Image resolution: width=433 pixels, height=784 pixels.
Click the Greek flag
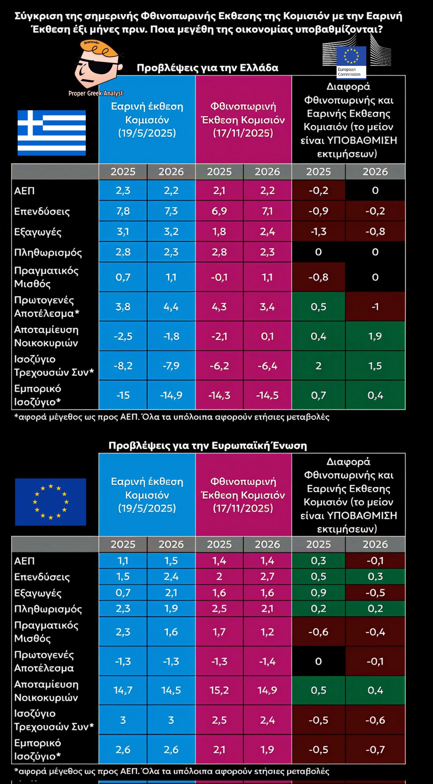coord(52,133)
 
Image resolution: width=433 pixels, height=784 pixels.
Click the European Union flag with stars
coord(51,502)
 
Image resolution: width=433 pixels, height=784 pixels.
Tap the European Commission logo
coord(351,60)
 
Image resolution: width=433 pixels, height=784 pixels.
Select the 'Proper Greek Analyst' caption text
coord(96,93)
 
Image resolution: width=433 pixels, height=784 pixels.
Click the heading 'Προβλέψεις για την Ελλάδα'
coord(207,68)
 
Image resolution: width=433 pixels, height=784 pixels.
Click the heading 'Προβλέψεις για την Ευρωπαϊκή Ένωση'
coord(208,446)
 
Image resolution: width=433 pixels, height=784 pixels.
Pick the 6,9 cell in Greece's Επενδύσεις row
coord(219,211)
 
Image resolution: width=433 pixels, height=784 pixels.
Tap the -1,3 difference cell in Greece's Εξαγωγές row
coord(318,232)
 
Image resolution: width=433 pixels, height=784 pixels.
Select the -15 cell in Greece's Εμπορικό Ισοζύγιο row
coord(123,395)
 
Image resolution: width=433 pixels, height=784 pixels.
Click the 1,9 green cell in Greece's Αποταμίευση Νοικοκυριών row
coord(375,336)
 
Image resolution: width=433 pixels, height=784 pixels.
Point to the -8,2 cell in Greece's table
coord(123,366)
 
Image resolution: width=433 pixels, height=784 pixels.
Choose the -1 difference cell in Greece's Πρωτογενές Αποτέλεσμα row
coord(375,307)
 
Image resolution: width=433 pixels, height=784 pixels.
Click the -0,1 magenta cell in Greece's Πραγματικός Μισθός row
coord(219,277)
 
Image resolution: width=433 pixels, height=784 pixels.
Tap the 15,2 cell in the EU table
coord(219,690)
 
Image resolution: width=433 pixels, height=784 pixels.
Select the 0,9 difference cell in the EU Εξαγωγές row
coord(318,593)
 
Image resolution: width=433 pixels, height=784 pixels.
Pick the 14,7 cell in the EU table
coord(123,690)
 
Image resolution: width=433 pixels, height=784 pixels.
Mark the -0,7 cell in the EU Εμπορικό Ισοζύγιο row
coord(375,749)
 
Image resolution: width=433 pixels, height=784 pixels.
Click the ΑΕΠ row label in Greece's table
coord(25,191)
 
